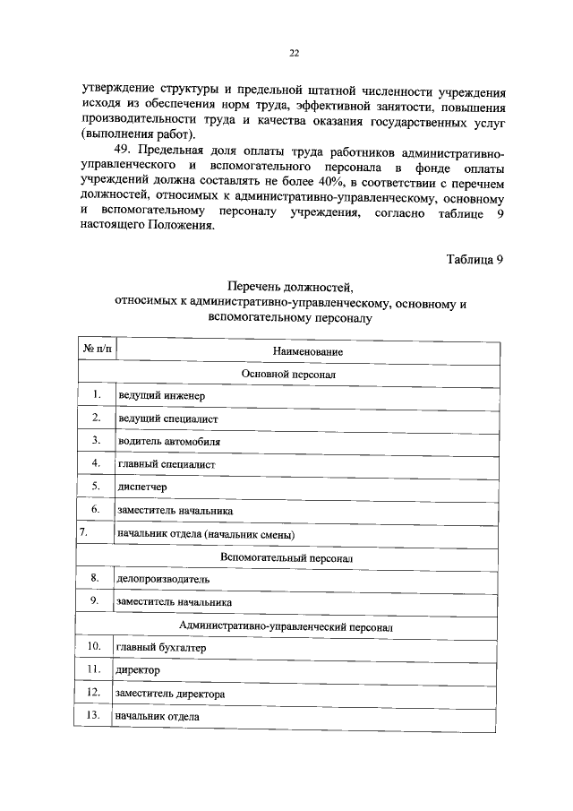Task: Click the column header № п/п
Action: [x=96, y=348]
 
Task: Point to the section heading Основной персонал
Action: [x=288, y=372]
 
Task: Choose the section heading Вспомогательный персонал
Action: [x=287, y=556]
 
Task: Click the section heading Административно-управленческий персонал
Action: [x=286, y=626]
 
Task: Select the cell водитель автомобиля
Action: [x=168, y=442]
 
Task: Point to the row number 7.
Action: [x=83, y=532]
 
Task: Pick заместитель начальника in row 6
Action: [x=175, y=511]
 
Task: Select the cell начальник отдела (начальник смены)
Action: [x=206, y=535]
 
